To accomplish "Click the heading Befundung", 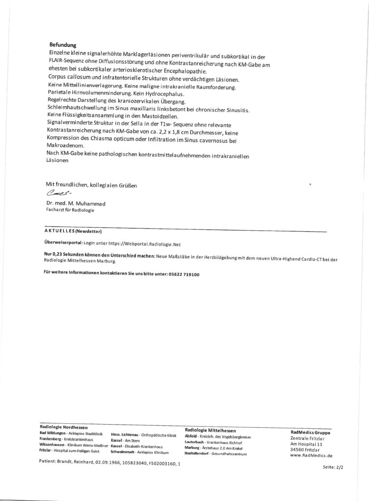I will point(63,45).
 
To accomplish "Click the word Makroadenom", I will point(67,146).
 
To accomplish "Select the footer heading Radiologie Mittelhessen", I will point(210,430).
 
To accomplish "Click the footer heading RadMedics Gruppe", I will point(310,433).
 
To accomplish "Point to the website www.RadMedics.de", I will point(311,455).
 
